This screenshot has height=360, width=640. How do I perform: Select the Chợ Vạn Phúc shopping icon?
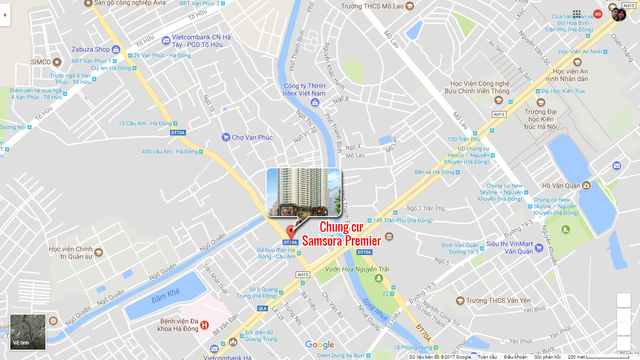point(226,137)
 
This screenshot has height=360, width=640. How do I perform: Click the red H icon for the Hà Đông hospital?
point(204,325)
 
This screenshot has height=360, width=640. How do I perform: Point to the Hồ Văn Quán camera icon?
point(586,186)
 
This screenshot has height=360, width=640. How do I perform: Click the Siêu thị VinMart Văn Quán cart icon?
point(539,247)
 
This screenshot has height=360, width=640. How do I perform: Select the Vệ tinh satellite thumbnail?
point(28,332)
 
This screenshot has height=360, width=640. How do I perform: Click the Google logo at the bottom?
point(320,345)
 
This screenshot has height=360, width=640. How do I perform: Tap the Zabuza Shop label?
point(90,49)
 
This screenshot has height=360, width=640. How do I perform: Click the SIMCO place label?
point(41,62)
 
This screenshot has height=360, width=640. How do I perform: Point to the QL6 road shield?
point(262,308)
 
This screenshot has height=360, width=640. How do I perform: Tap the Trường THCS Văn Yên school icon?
point(460,300)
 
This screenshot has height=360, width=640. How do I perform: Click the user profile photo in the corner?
point(618,15)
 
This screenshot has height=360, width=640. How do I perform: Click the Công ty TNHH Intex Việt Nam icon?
point(315,102)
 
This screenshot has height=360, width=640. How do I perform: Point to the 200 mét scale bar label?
point(576,357)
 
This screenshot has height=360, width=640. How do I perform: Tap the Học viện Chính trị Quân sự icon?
point(98,253)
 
